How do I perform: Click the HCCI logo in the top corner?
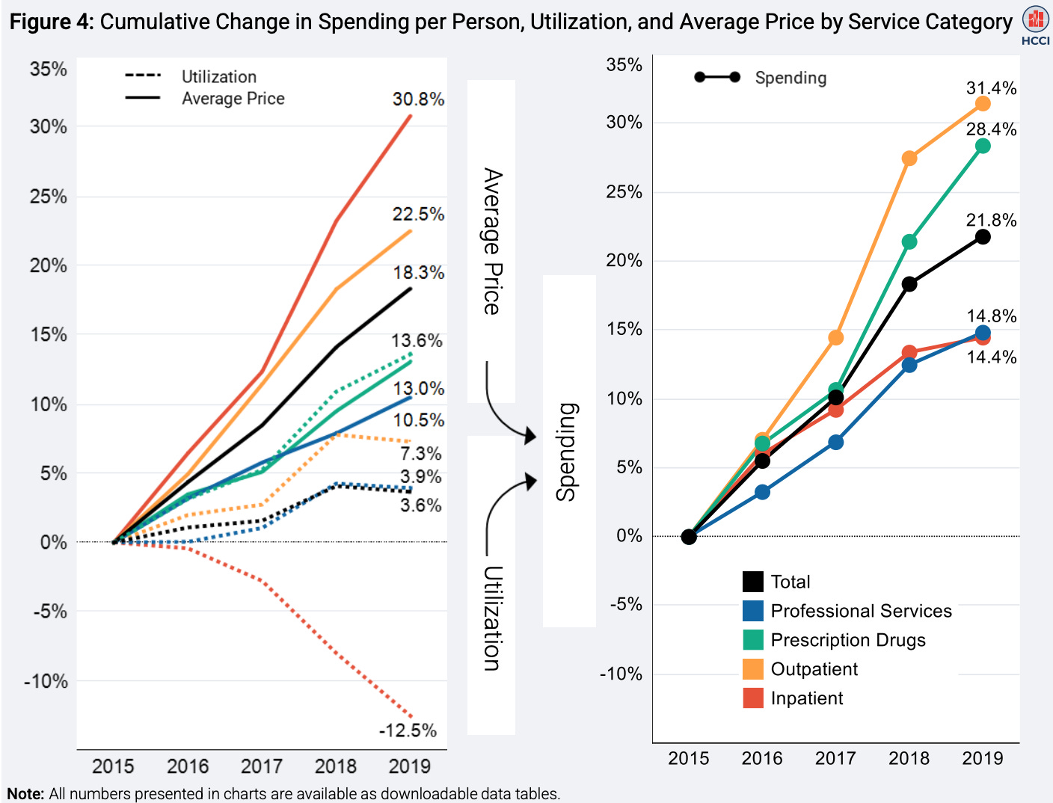point(1035,24)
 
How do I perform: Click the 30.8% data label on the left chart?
point(418,99)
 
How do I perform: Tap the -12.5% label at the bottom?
point(408,730)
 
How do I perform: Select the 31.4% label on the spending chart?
point(991,88)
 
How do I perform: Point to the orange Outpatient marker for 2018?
point(909,159)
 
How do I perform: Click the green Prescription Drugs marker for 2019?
point(983,146)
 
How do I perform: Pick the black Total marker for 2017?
point(836,397)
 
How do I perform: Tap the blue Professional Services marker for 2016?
point(762,492)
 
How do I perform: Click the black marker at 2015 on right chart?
point(689,537)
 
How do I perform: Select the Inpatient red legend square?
point(753,698)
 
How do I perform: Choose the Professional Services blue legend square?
point(753,611)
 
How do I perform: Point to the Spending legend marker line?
point(717,77)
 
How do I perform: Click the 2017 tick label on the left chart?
point(261,766)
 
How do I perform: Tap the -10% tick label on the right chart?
point(621,674)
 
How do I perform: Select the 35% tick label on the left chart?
point(49,70)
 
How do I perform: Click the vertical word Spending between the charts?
point(567,452)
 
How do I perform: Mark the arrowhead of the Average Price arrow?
point(530,435)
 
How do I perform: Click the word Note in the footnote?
point(25,793)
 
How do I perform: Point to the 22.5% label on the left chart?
point(418,214)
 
